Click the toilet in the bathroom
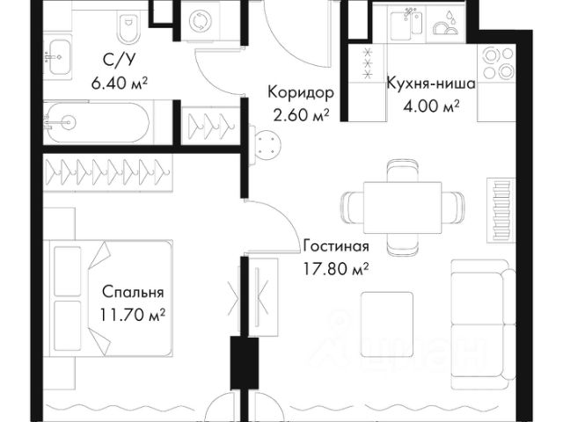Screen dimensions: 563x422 129,27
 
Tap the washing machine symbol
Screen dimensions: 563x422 197,21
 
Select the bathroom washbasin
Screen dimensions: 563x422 59,56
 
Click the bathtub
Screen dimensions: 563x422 97,122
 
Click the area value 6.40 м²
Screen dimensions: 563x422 120,84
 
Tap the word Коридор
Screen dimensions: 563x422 301,92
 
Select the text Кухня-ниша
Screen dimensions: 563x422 431,84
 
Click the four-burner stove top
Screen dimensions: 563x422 497,63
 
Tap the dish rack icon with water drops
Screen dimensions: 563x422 445,24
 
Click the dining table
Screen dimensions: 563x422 402,207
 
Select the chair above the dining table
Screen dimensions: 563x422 403,171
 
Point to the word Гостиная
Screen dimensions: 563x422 336,247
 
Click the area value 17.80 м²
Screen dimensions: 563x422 336,269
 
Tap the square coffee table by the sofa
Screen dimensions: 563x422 387,324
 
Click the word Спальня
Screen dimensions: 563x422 133,293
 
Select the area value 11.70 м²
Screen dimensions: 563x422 133,316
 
